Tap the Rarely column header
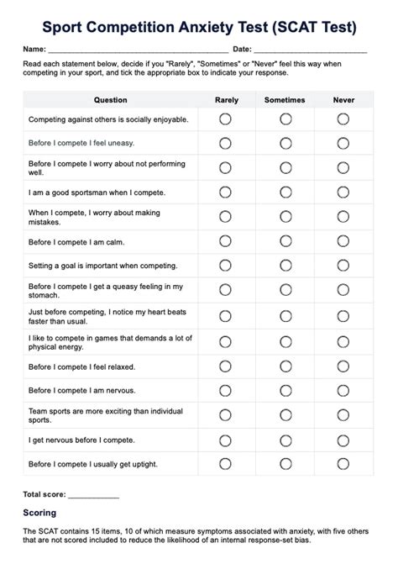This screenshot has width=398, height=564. (x=226, y=100)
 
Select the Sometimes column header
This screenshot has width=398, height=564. (x=285, y=100)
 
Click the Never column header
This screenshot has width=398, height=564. (x=343, y=100)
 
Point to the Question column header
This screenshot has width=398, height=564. (x=111, y=100)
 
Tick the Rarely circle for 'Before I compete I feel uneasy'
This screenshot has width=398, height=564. (x=225, y=143)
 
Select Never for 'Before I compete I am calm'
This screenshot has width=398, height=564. (x=343, y=241)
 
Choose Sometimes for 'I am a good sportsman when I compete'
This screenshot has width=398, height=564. (x=285, y=192)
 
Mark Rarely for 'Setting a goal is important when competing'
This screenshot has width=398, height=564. (x=225, y=266)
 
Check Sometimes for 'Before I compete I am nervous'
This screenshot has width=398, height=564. (x=285, y=391)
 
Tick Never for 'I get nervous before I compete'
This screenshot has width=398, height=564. (x=343, y=439)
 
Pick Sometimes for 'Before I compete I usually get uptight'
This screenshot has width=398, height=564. (x=285, y=463)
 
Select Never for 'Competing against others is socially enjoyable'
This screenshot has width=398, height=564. (x=343, y=119)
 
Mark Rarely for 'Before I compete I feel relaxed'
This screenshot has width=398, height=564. (x=225, y=366)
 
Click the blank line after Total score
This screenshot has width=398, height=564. (x=93, y=494)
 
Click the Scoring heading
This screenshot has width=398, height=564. (x=39, y=512)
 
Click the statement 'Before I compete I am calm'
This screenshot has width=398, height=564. (x=76, y=241)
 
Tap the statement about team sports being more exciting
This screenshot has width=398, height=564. (x=105, y=414)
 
